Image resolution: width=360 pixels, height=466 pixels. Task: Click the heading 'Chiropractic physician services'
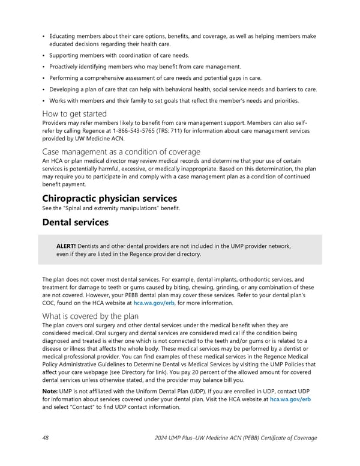coord(109,198)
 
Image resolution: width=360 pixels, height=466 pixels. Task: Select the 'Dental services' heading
coord(75,222)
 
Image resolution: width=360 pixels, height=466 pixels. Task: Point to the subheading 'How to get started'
coord(74,113)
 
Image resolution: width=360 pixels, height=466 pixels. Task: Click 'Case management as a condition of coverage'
coord(121,151)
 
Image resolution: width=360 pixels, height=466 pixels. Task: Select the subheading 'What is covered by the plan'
coord(91,316)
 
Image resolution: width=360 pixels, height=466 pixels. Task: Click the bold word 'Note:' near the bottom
coord(50,391)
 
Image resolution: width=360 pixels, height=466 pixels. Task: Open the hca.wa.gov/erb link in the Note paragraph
coord(290,399)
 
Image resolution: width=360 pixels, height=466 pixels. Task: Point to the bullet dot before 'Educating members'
coord(44,37)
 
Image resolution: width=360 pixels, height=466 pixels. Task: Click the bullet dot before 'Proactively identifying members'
coord(44,67)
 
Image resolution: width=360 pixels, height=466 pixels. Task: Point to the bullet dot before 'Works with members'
coord(44,100)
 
